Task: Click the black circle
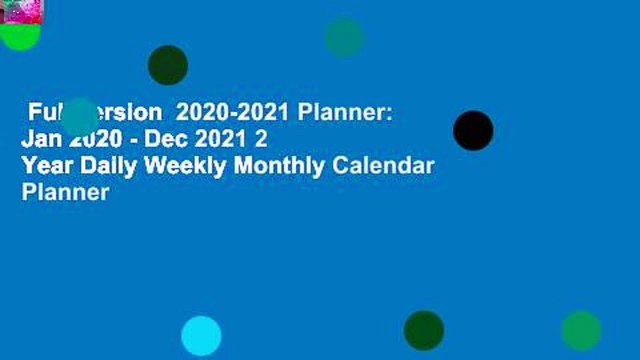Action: tap(473, 131)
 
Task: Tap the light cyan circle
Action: tap(201, 336)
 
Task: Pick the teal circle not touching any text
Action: tap(344, 37)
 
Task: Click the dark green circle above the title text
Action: tap(168, 65)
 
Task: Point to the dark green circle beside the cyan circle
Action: tap(423, 330)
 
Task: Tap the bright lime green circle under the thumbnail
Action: tap(20, 36)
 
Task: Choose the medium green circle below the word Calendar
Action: tap(581, 330)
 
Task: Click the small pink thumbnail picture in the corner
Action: tap(21, 11)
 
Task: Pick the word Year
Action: tap(46, 166)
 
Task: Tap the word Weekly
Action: tap(189, 166)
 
